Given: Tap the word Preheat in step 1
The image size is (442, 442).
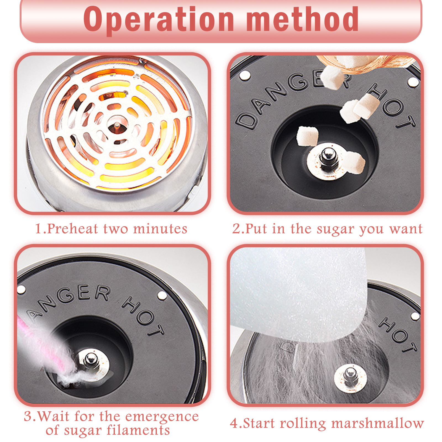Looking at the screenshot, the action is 73,229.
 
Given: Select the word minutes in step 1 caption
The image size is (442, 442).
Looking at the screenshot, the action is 160,229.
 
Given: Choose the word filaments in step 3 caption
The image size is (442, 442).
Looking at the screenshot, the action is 138,430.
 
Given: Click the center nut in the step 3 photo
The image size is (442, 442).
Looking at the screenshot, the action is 90,361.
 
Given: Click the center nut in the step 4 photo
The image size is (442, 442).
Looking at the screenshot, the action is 350,376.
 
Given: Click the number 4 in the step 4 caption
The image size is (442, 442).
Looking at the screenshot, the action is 234,423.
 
